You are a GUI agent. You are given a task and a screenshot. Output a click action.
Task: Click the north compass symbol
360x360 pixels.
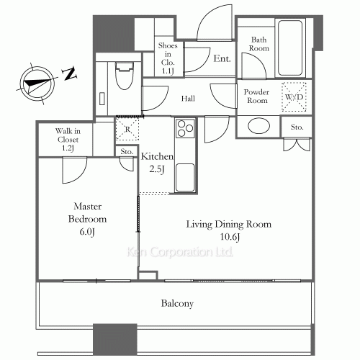click(x=36, y=81)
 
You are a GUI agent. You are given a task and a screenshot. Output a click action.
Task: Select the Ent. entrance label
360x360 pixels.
click(x=222, y=58)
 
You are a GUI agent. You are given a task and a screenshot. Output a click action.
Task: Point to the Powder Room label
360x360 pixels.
click(x=256, y=96)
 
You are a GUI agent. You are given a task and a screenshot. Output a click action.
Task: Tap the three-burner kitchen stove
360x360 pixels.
click(x=184, y=131)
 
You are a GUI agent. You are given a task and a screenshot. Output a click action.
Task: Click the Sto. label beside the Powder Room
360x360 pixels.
click(x=297, y=127)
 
